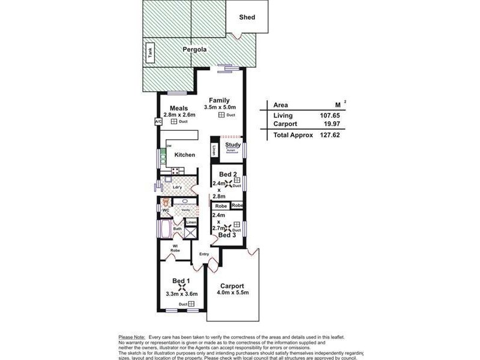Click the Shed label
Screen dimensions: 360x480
pos(247,17)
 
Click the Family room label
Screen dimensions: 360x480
pos(220,100)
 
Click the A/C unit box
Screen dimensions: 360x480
pos(158,122)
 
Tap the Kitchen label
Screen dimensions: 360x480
pos(185,155)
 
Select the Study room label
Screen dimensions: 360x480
pos(232,145)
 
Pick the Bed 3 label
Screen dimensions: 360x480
pos(227,235)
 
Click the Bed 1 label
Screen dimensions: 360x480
pos(181,281)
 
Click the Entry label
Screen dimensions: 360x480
pos(205,254)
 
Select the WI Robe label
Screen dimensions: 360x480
pos(175,248)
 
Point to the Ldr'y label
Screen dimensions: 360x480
pos(177,187)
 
